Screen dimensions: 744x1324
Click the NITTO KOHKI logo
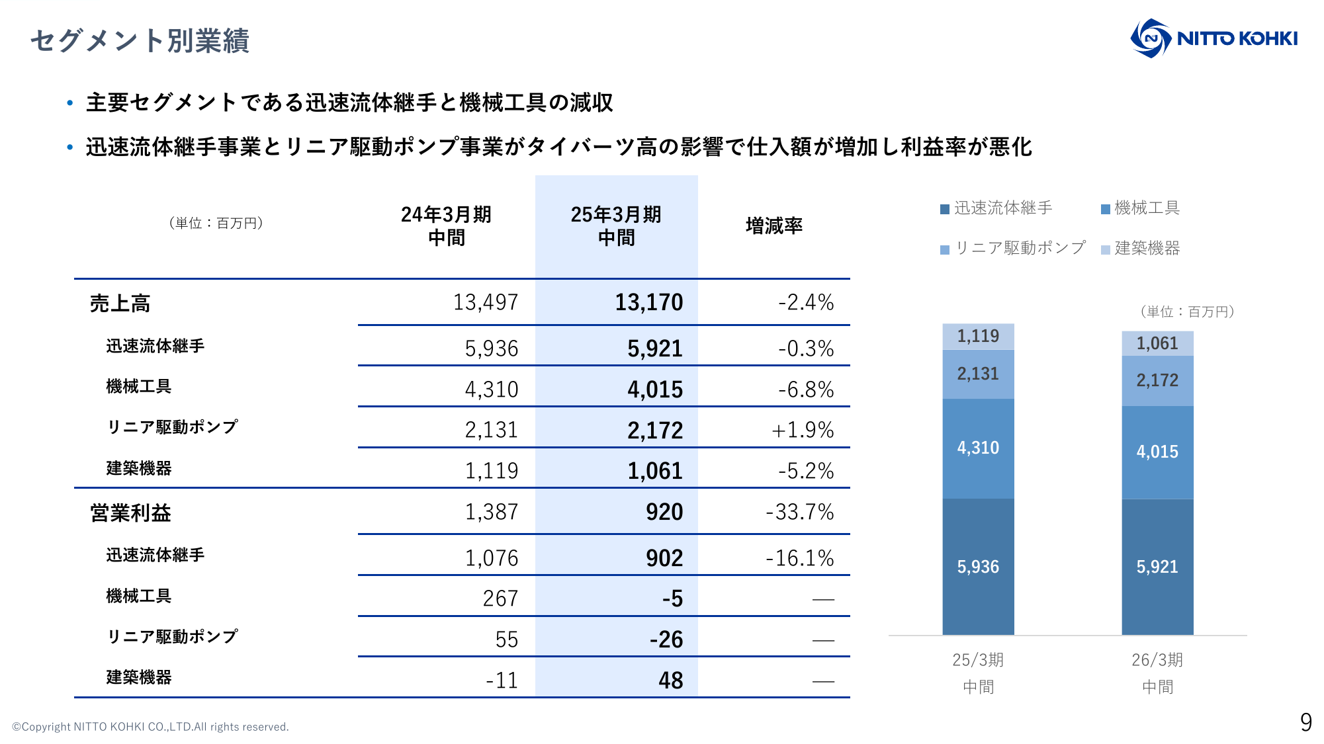[1214, 38]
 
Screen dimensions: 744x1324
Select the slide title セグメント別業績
[140, 40]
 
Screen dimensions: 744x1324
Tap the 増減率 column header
[773, 226]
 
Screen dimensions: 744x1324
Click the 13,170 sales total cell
[648, 303]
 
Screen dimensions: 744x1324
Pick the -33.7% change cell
[799, 513]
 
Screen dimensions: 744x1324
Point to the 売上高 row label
[120, 304]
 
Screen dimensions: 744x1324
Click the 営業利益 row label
[130, 513]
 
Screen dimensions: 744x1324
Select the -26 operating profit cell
[666, 640]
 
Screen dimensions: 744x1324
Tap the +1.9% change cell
[802, 431]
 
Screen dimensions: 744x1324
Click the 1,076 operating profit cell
[491, 558]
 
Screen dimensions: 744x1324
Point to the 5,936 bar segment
[978, 567]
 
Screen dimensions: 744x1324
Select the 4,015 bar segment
[1157, 452]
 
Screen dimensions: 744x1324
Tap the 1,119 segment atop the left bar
[978, 337]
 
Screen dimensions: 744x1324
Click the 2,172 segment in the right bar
[1157, 381]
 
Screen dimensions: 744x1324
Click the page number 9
[1305, 722]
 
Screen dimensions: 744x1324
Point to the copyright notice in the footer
[150, 727]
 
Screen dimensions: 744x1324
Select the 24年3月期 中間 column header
[446, 226]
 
